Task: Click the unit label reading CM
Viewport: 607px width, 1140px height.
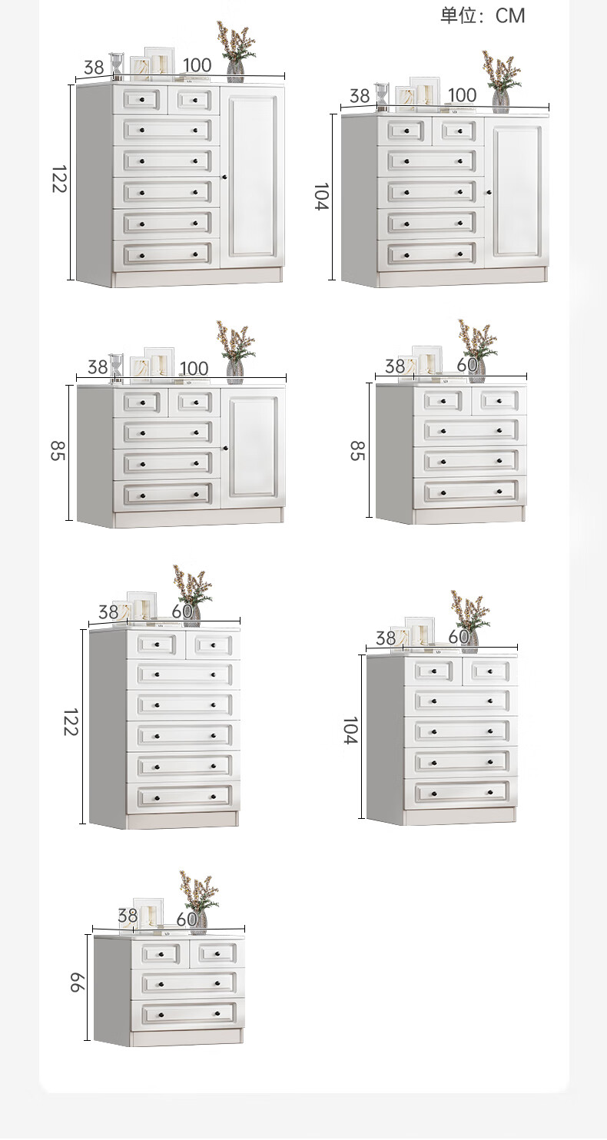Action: pyautogui.click(x=509, y=16)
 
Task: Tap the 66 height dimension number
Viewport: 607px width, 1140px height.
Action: pyautogui.click(x=76, y=983)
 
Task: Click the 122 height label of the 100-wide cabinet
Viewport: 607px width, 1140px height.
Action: pyautogui.click(x=60, y=179)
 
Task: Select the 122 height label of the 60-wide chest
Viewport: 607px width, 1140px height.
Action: pyautogui.click(x=71, y=721)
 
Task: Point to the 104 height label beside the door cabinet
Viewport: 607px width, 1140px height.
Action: pyautogui.click(x=322, y=197)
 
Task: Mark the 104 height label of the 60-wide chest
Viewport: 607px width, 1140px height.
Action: pyautogui.click(x=351, y=731)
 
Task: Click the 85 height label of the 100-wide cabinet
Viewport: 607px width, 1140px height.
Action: pyautogui.click(x=58, y=450)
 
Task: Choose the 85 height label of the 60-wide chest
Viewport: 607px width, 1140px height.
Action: pyautogui.click(x=357, y=450)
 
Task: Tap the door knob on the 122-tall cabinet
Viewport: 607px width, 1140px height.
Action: pyautogui.click(x=224, y=177)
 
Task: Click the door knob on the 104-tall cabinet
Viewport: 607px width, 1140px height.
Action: pyautogui.click(x=489, y=192)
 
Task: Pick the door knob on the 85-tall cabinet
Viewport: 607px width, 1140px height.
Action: pyautogui.click(x=226, y=449)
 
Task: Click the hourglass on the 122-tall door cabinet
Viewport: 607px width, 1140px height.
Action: pyautogui.click(x=117, y=66)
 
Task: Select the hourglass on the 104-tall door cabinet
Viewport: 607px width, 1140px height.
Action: pyautogui.click(x=382, y=97)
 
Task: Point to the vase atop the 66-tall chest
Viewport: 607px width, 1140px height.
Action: pyautogui.click(x=199, y=921)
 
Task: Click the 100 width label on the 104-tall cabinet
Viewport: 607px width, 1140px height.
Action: pyautogui.click(x=462, y=95)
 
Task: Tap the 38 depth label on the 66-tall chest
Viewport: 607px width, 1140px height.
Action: pyautogui.click(x=128, y=916)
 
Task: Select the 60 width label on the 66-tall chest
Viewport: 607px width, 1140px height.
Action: pyautogui.click(x=187, y=919)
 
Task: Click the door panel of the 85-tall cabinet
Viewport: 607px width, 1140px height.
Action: pyautogui.click(x=253, y=447)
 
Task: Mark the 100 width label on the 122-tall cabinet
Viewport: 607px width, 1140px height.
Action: pyautogui.click(x=197, y=65)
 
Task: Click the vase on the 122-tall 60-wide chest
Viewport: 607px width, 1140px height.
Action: pyautogui.click(x=192, y=614)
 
